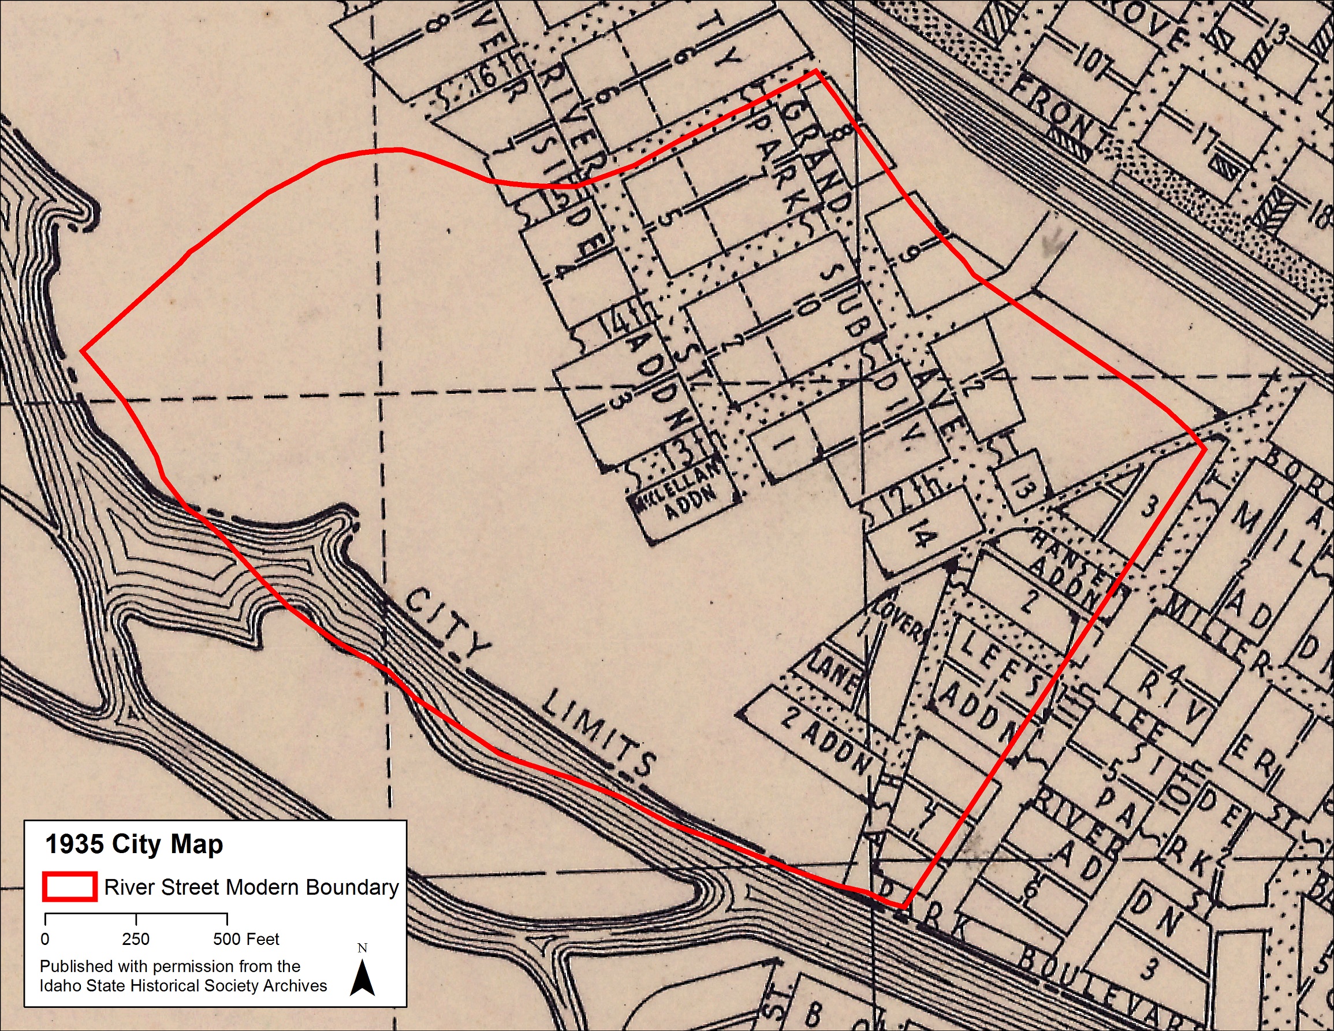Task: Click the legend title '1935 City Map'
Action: coord(135,844)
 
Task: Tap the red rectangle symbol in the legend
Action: coord(69,887)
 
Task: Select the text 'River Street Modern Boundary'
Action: coord(251,887)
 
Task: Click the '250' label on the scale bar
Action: coord(136,939)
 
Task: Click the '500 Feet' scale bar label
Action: coord(245,939)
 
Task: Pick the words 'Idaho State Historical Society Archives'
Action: coord(183,986)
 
